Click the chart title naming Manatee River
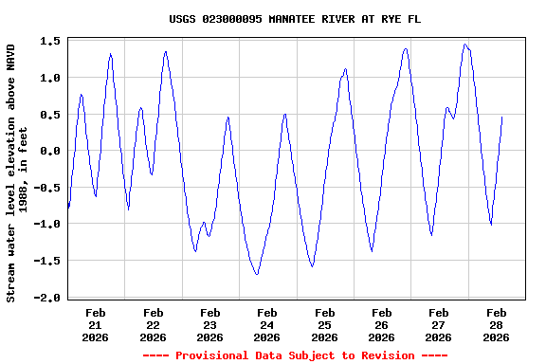pyautogui.click(x=295, y=19)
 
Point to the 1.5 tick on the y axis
pyautogui.click(x=50, y=41)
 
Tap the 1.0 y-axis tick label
pyautogui.click(x=50, y=78)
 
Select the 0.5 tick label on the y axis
pyautogui.click(x=50, y=115)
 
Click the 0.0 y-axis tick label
pyautogui.click(x=50, y=151)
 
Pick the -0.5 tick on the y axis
pyautogui.click(x=47, y=188)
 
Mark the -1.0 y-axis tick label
pyautogui.click(x=47, y=225)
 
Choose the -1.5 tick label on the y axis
pyautogui.click(x=47, y=261)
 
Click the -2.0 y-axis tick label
pyautogui.click(x=47, y=298)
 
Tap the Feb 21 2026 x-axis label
pyautogui.click(x=96, y=324)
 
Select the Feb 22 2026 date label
pyautogui.click(x=153, y=324)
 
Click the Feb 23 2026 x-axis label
pyautogui.click(x=209, y=324)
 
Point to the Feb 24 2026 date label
pyautogui.click(x=267, y=324)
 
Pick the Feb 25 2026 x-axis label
pyautogui.click(x=324, y=324)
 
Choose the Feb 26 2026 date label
pyautogui.click(x=381, y=324)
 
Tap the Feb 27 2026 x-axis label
pyautogui.click(x=439, y=324)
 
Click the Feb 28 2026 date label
pyautogui.click(x=496, y=324)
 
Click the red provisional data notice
pyautogui.click(x=295, y=355)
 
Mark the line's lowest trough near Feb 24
pyautogui.click(x=257, y=274)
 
